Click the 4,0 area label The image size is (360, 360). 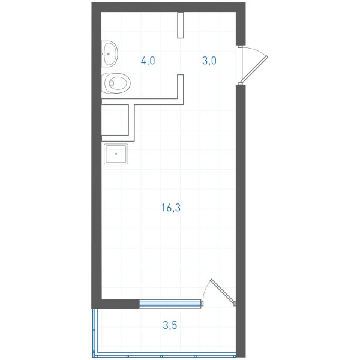coord(148,61)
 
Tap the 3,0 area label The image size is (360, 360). coord(209,61)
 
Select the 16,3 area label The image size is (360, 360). coord(171,208)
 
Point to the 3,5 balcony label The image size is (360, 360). coord(170,325)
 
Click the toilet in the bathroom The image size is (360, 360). coord(116,83)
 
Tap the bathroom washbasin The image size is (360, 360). coord(110,54)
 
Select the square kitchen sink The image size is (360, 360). coord(116,154)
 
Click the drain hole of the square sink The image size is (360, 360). coord(116,154)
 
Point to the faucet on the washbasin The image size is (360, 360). coord(106,54)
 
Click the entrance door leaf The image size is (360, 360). coord(254,69)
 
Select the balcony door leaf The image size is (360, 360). coord(223,291)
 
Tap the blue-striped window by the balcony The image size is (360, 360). coord(170,304)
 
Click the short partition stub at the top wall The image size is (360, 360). coord(181,25)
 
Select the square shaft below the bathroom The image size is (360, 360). coord(115,120)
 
